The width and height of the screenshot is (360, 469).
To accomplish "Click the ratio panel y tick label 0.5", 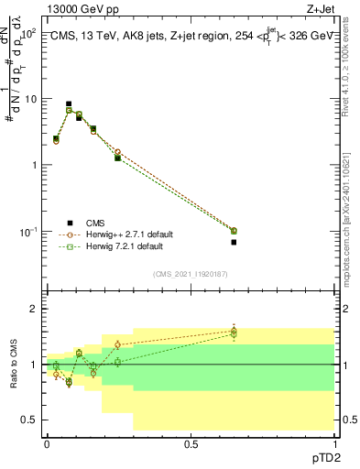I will [x=29, y=420].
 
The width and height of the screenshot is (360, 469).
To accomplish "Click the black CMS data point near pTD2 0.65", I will [x=234, y=242].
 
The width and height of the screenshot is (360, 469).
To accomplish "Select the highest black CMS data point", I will [x=69, y=104].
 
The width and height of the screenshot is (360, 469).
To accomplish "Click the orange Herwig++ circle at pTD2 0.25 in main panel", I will [x=118, y=152].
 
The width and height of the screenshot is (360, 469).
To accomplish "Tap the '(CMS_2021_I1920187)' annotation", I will [x=191, y=272].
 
